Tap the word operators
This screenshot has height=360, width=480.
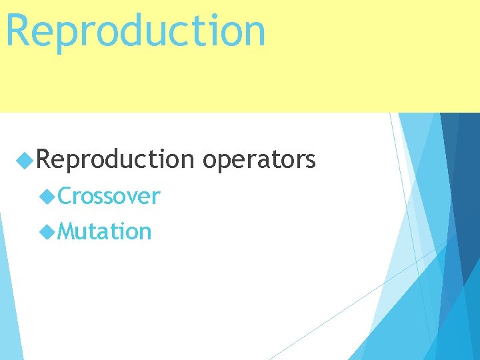pyautogui.click(x=258, y=161)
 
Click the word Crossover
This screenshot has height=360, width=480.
pyautogui.click(x=109, y=197)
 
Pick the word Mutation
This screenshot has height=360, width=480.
pyautogui.click(x=105, y=231)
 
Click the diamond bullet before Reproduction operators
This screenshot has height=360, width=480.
pyautogui.click(x=25, y=161)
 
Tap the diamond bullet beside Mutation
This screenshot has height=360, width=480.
pyautogui.click(x=47, y=231)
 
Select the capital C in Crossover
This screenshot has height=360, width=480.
pyautogui.click(x=65, y=197)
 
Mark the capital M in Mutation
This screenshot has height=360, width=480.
pyautogui.click(x=67, y=231)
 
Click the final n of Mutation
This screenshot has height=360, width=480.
pyautogui.click(x=145, y=232)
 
